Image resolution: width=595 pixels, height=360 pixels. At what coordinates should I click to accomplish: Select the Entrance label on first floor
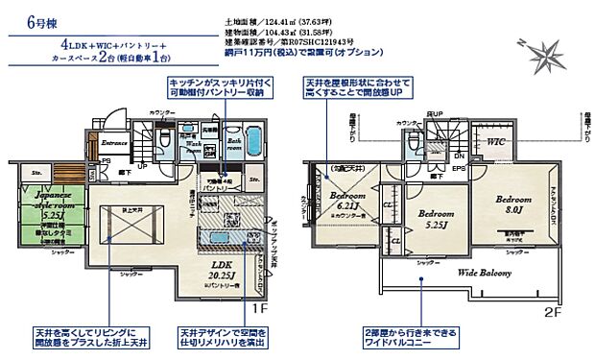click(115, 142)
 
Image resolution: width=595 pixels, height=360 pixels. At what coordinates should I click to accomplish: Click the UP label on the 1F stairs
click(143, 166)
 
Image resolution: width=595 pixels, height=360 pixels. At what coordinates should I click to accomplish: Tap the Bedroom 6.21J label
click(347, 199)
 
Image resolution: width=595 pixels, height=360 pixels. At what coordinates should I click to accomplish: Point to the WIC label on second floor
click(496, 141)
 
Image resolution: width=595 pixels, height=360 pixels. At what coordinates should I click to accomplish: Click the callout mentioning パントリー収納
click(216, 88)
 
